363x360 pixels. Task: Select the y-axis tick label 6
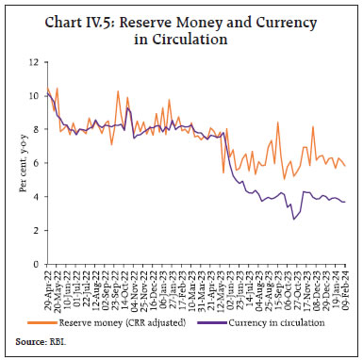click(x=35, y=162)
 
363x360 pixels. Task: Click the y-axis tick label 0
click(x=35, y=264)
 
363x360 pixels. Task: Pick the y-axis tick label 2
click(x=35, y=230)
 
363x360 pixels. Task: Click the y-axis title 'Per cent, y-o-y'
click(x=17, y=162)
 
